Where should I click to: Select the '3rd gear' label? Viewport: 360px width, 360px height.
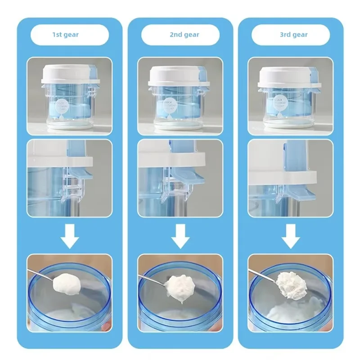pyautogui.click(x=291, y=35)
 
